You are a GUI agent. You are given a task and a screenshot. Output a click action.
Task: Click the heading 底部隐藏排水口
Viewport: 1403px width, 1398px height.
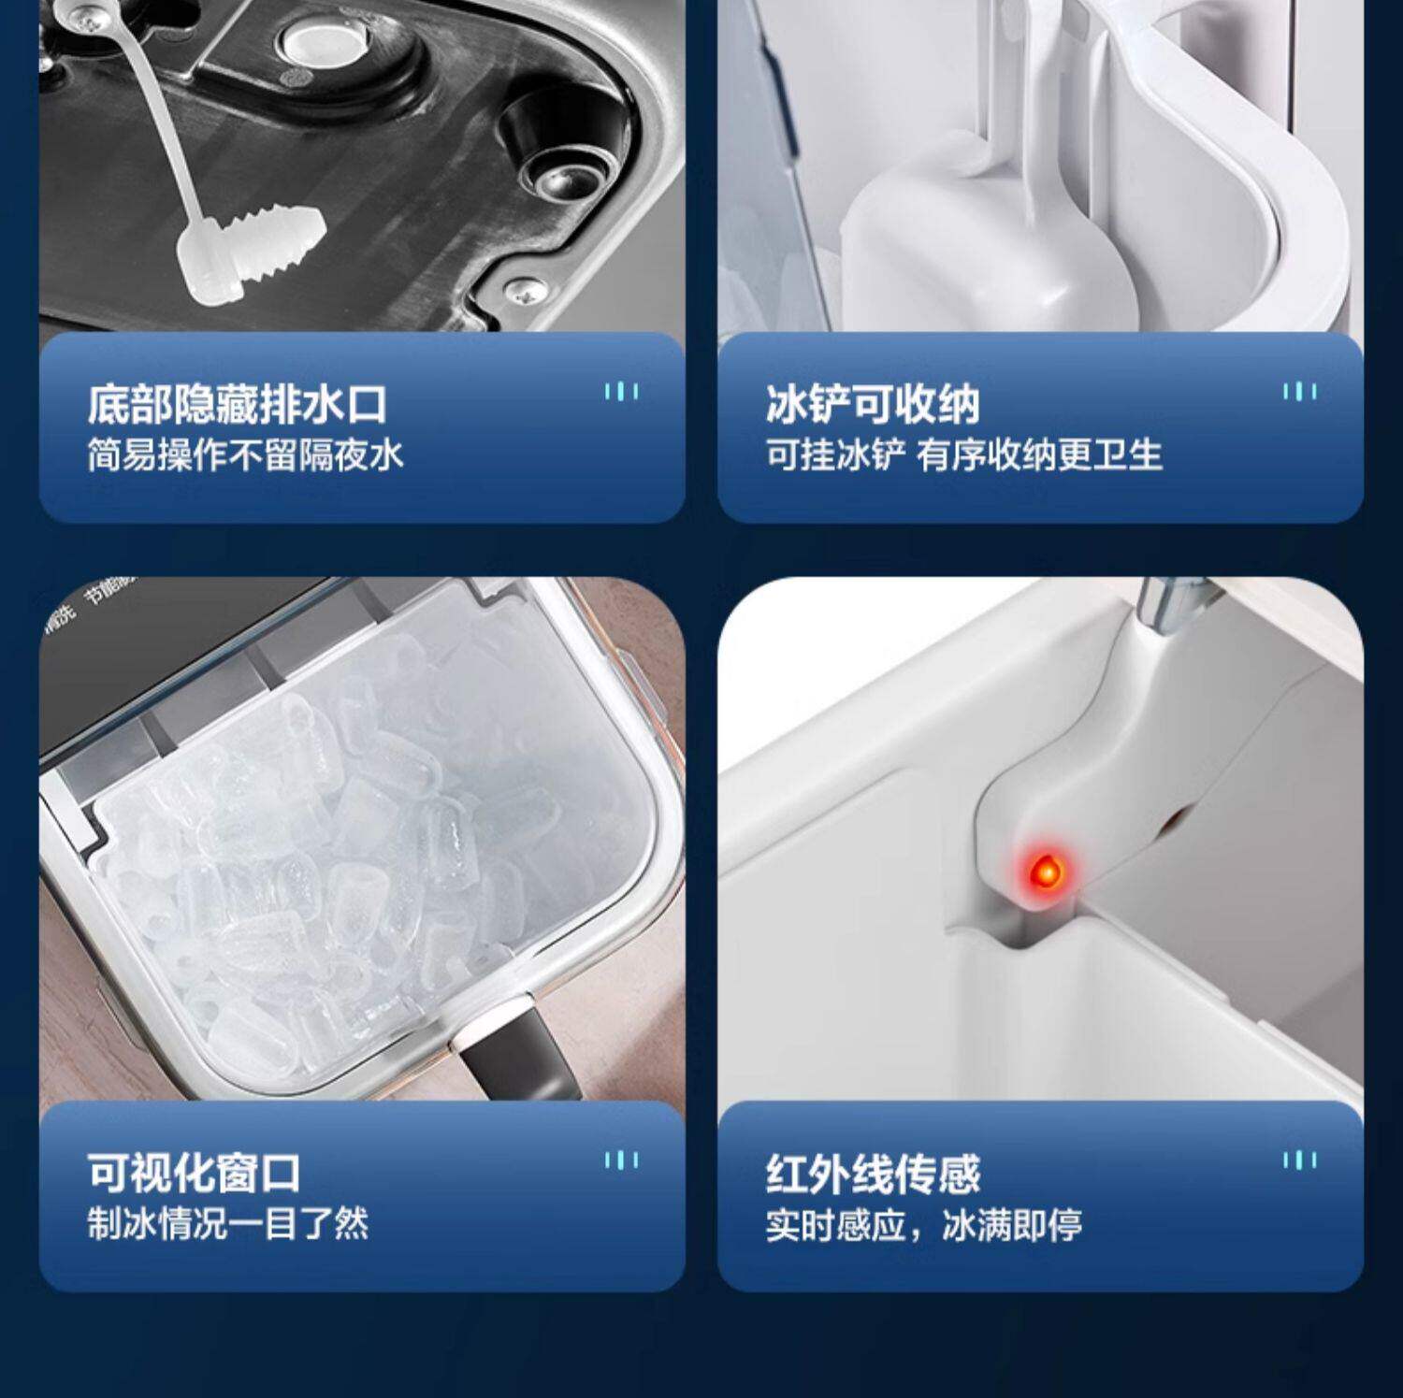coord(237,404)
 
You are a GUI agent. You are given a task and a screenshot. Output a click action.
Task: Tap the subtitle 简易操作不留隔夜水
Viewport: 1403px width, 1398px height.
coord(245,455)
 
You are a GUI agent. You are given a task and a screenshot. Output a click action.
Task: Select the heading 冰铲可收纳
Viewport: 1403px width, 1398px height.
coord(872,404)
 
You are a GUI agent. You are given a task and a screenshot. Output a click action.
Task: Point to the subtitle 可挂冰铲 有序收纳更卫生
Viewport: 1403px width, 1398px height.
coord(964,455)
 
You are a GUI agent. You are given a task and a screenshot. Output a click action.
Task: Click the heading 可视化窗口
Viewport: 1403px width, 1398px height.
coord(194,1174)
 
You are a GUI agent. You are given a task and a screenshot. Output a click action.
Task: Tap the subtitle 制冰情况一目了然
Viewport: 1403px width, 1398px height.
coord(228,1224)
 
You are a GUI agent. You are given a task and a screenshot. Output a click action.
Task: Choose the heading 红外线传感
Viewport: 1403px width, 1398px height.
coord(872,1174)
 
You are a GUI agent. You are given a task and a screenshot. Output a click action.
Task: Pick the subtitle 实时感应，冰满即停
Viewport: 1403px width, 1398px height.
coord(924,1224)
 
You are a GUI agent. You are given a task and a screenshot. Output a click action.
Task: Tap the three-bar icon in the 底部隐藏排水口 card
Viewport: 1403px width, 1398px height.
coord(621,391)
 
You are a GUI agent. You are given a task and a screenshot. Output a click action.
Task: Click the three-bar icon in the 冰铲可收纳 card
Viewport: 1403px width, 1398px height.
coord(1299,391)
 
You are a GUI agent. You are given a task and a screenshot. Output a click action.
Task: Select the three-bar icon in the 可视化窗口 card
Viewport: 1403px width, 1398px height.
coord(621,1160)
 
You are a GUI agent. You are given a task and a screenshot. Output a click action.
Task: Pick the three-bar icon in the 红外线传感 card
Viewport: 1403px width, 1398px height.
coord(1299,1160)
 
